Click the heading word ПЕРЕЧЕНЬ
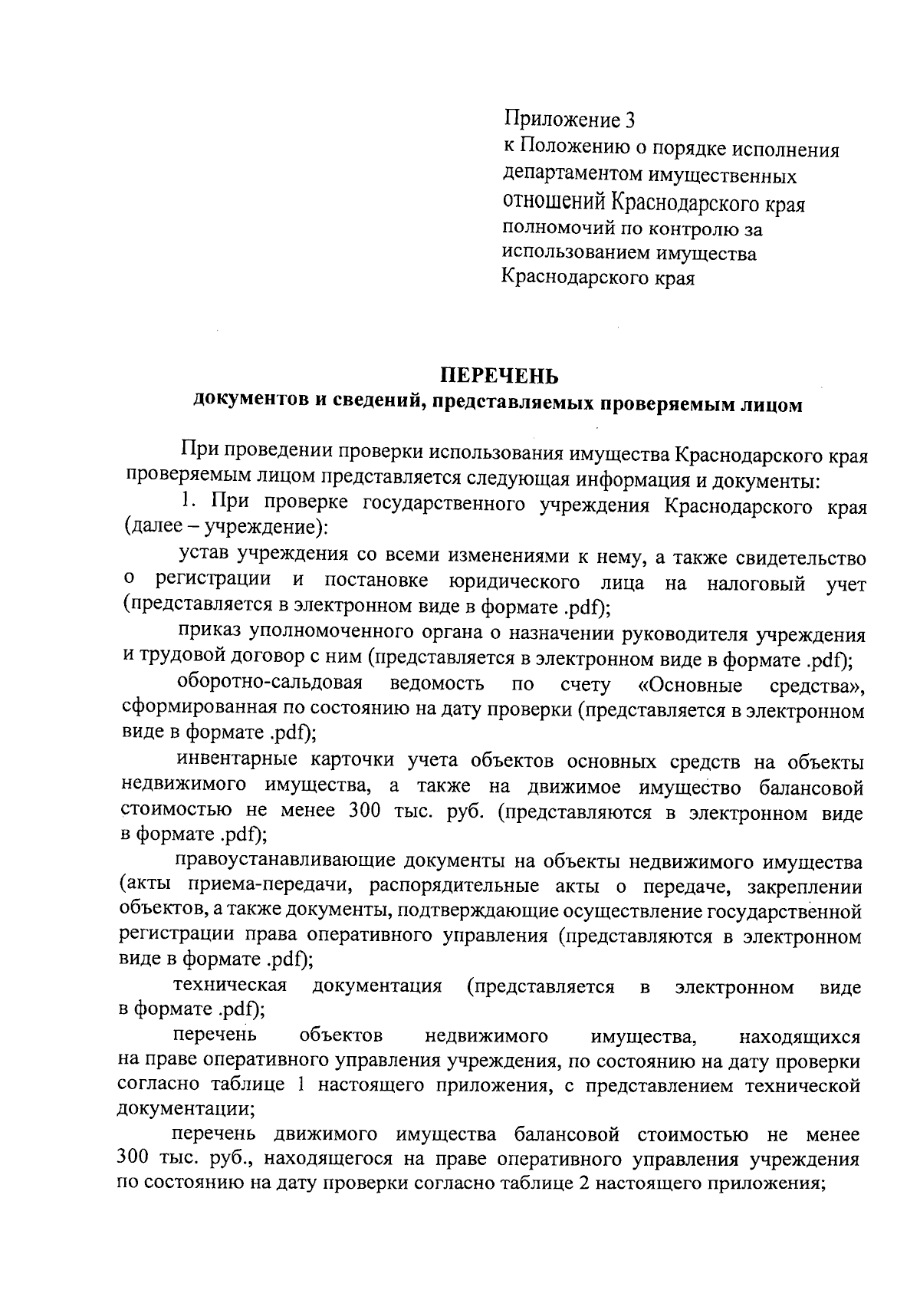point(498,377)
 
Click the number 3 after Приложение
point(630,120)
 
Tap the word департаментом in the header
point(573,176)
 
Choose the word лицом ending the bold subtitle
point(770,406)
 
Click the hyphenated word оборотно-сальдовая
point(270,683)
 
